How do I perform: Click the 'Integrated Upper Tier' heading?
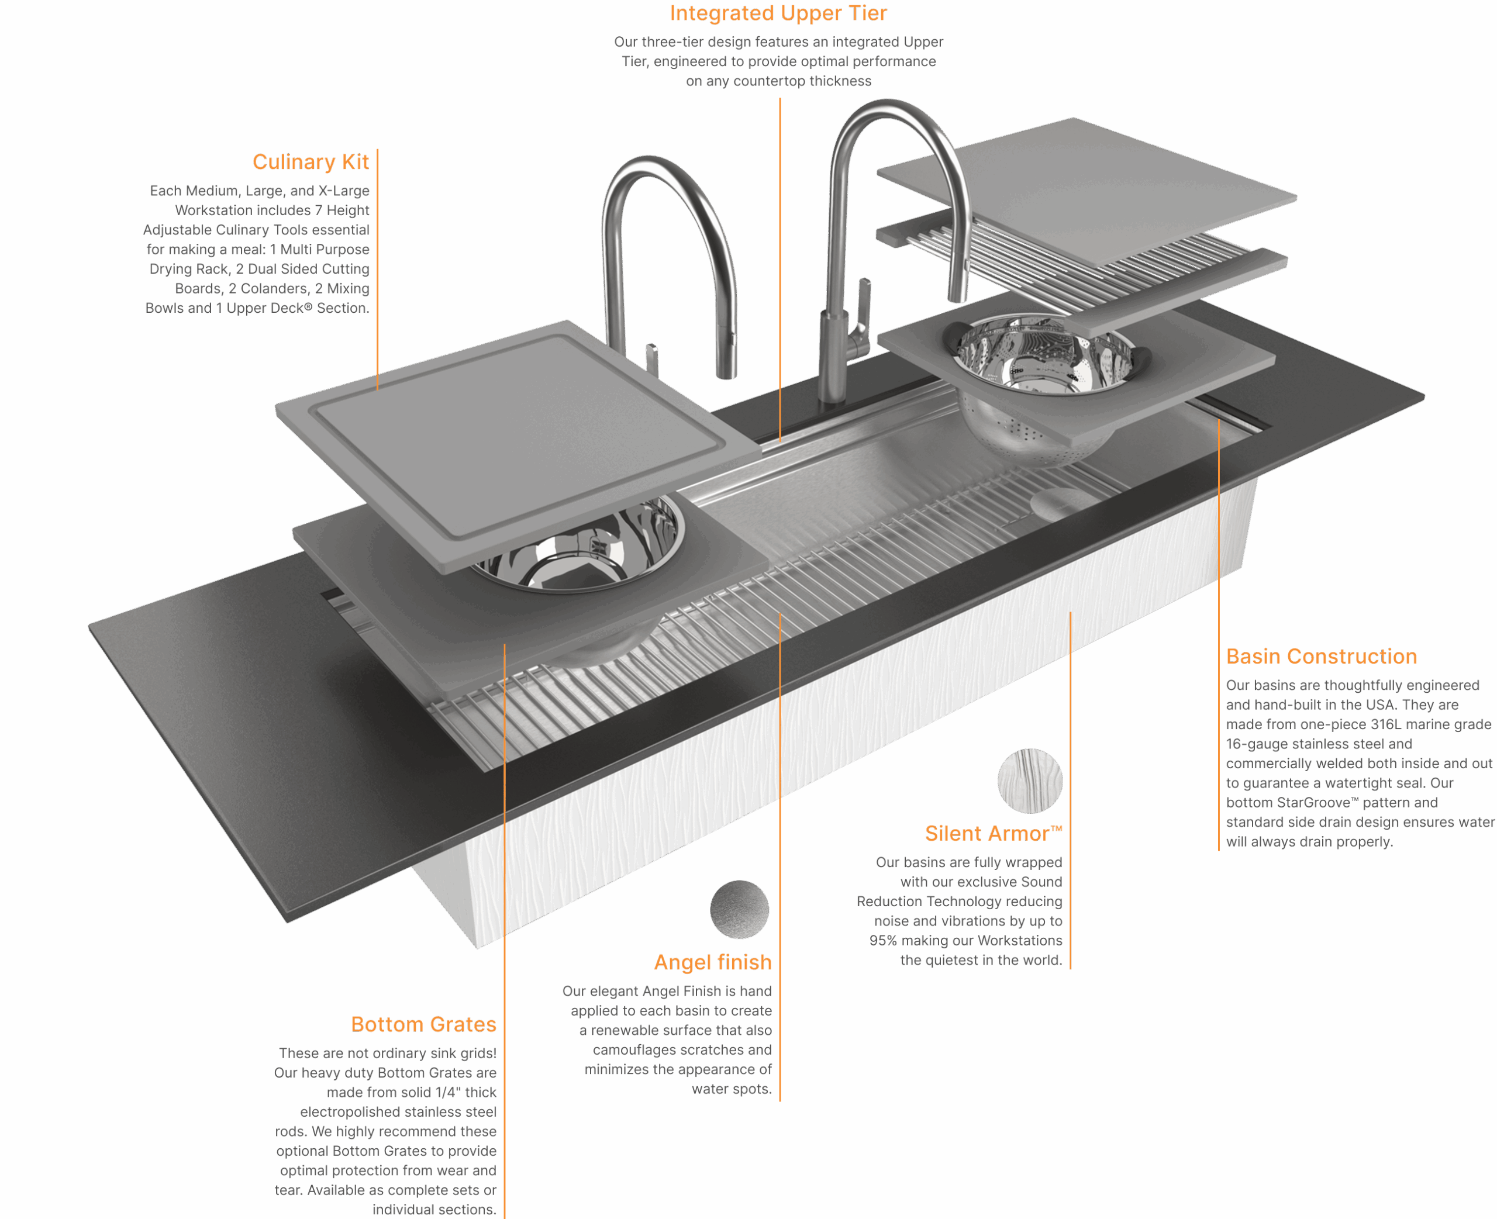click(778, 13)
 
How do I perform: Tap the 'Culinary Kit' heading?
click(311, 162)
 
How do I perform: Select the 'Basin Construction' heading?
click(1322, 657)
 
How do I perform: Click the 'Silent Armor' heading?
click(993, 834)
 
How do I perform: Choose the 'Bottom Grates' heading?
click(423, 1024)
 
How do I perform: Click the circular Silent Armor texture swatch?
click(1029, 781)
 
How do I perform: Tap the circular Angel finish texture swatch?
click(739, 909)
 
